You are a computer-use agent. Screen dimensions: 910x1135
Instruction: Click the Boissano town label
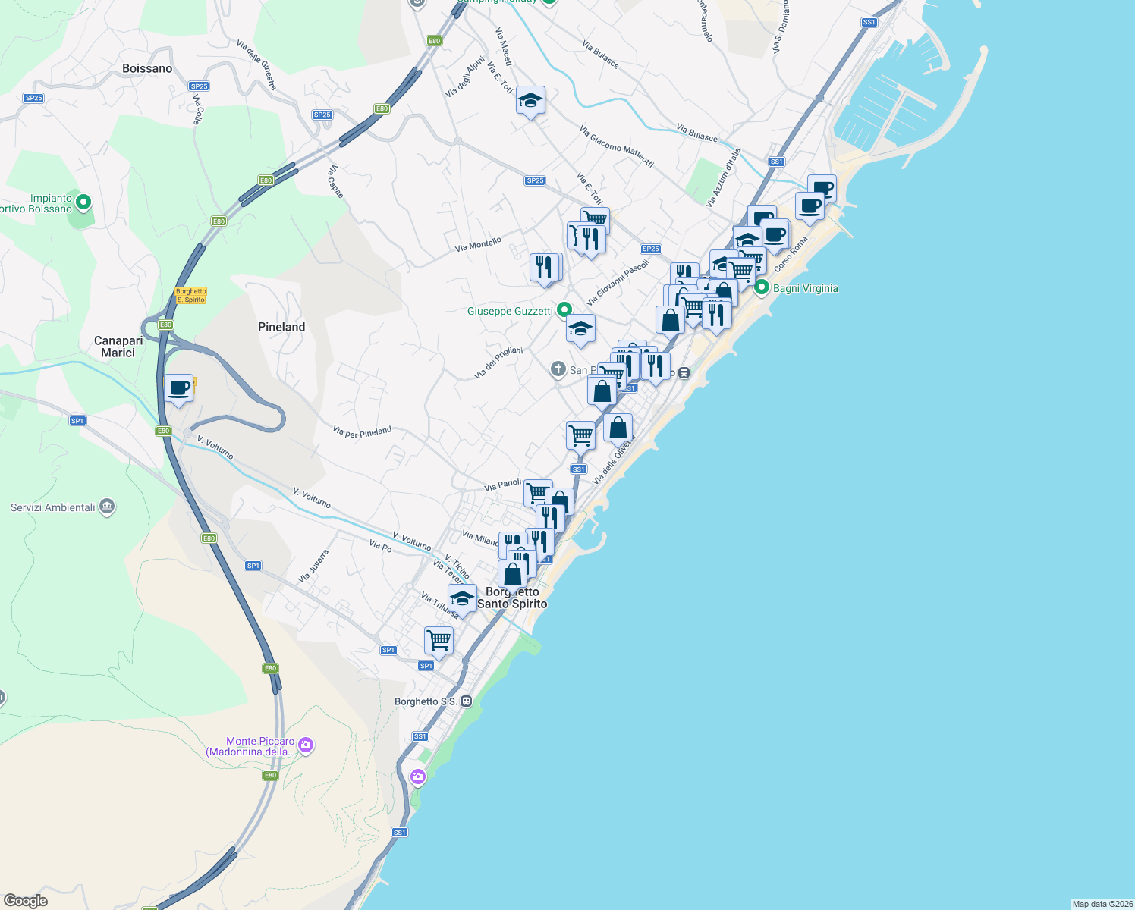tap(147, 68)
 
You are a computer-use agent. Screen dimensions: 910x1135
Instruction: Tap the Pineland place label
tap(281, 327)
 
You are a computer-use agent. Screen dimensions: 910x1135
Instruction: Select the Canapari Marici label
tap(118, 347)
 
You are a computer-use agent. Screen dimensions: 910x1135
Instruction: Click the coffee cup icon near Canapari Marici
tap(179, 389)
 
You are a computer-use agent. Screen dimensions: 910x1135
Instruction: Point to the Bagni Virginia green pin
tap(761, 287)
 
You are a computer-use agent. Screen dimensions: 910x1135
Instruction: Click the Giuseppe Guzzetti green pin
tap(564, 310)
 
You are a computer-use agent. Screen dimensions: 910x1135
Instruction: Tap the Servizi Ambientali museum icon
tap(107, 507)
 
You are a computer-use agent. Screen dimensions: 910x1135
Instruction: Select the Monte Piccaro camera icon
tap(306, 745)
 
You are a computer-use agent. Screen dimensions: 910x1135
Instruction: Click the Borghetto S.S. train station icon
tap(467, 701)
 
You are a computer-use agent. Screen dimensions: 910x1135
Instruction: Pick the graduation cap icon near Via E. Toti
tap(530, 100)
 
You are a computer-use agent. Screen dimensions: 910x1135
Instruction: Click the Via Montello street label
tap(478, 244)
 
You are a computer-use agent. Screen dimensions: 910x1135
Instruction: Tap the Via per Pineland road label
tap(362, 431)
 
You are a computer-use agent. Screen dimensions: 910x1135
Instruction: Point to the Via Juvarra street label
tap(313, 566)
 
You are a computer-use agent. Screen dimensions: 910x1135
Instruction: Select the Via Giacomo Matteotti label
tap(616, 146)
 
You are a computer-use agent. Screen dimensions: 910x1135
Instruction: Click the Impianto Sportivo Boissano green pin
tap(84, 202)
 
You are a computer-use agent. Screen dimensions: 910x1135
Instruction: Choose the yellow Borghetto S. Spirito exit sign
tap(190, 295)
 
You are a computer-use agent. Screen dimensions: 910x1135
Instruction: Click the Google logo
tap(25, 901)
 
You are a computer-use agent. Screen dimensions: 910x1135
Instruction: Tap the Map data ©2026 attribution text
tap(1102, 904)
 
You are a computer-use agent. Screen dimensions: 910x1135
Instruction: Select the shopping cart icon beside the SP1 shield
tap(439, 641)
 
